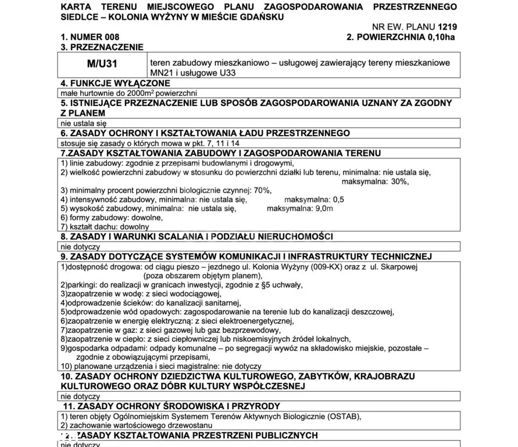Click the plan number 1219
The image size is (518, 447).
(446, 27)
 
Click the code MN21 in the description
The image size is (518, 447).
(163, 73)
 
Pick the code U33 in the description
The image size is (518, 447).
(227, 73)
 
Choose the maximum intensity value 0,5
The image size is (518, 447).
(338, 199)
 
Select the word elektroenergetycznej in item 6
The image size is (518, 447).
(250, 321)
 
